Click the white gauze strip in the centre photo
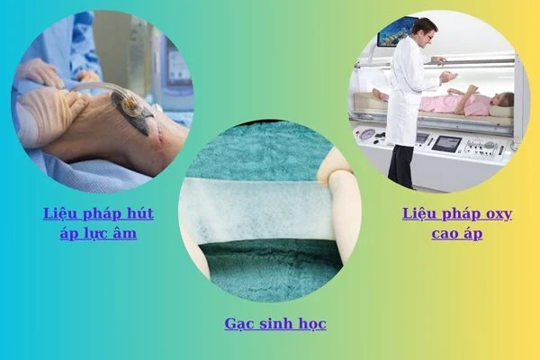coord(259,209)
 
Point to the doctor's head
coord(426,31)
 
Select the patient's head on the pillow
coord(502,102)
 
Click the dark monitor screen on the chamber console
coord(446,144)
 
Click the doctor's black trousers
coord(401,166)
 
